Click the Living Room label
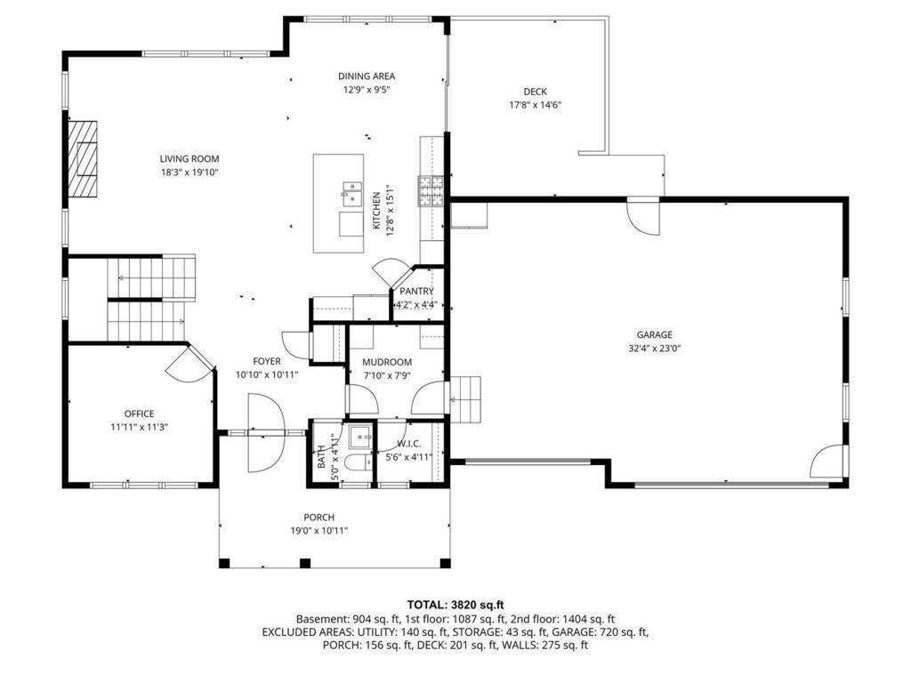(189, 159)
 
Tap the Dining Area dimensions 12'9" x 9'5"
(366, 90)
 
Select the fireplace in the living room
(85, 157)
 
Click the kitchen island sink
(351, 193)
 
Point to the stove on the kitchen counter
(431, 190)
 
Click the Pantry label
(416, 291)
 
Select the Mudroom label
(387, 362)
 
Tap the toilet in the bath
(355, 463)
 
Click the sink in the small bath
(359, 436)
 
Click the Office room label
(139, 414)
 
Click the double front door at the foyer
(266, 433)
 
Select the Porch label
(318, 518)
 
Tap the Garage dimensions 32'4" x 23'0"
(654, 349)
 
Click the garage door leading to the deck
(643, 213)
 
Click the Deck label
(535, 92)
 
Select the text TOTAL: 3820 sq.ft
(455, 605)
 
